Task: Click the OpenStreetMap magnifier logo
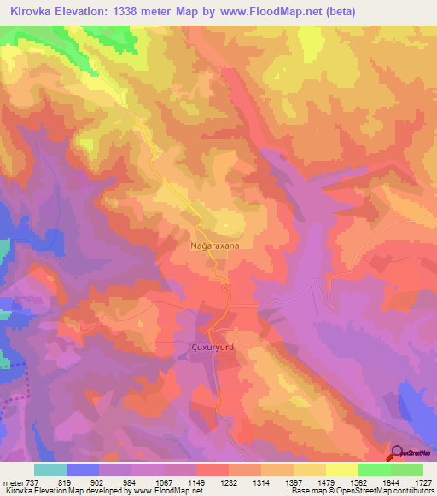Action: pos(399,453)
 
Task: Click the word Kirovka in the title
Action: pos(32,12)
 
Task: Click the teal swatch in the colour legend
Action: pos(50,470)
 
